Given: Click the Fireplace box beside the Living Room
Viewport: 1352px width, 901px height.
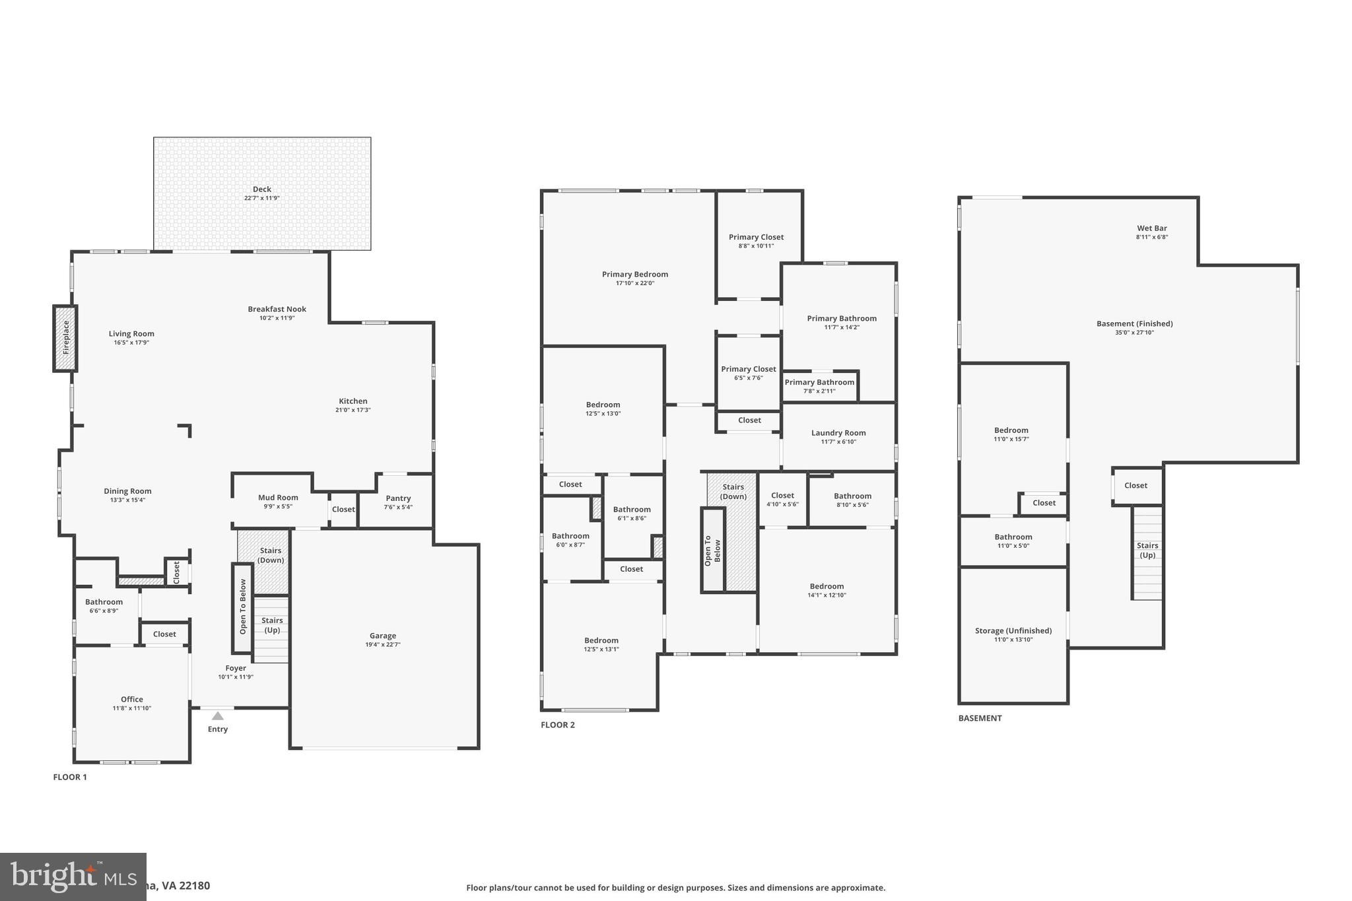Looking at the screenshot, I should (65, 338).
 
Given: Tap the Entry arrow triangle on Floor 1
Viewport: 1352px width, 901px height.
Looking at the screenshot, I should (217, 716).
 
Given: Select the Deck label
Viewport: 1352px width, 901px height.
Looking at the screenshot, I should (262, 189).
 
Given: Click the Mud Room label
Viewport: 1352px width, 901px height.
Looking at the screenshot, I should (278, 498).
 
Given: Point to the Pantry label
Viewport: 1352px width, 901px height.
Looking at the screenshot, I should (398, 498).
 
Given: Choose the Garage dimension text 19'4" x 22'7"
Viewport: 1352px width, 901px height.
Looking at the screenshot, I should (383, 644).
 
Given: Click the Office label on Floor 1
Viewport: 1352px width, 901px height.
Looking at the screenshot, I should (132, 699).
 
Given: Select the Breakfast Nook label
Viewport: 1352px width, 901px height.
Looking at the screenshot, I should (277, 309).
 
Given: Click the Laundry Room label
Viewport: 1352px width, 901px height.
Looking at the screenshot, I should (838, 433).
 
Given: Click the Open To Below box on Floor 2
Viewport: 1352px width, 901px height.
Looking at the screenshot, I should (712, 550).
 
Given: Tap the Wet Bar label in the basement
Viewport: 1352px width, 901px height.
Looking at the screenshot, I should (1152, 228).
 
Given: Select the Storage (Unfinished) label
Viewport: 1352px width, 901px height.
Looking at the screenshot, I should (1013, 630).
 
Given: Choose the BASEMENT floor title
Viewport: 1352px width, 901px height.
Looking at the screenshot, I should (980, 718).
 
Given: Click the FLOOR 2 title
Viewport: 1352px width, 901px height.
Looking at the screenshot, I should (558, 725).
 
